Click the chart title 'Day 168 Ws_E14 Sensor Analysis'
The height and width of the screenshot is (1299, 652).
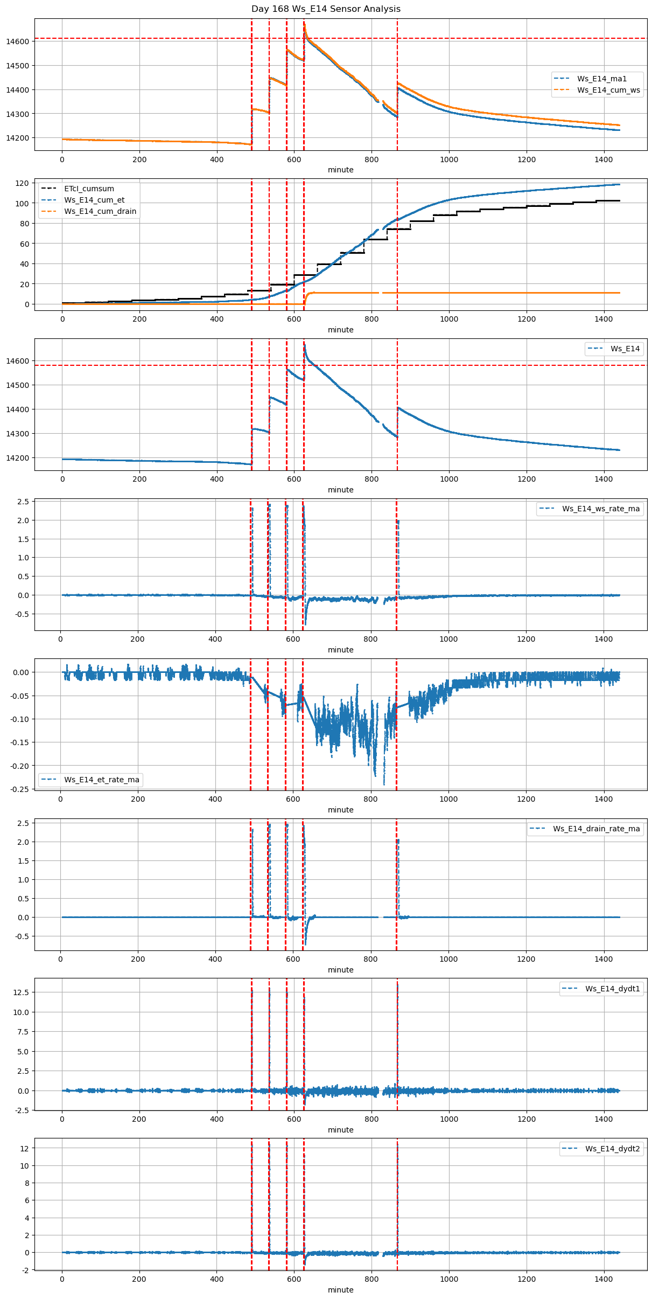326,9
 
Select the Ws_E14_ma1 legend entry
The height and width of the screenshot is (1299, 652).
602,79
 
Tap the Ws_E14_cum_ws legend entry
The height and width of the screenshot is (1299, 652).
608,90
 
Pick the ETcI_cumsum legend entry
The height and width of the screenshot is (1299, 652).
89,189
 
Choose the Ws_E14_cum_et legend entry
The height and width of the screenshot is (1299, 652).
94,200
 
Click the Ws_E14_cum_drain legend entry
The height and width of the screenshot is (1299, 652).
100,211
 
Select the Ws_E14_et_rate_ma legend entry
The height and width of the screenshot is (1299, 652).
102,780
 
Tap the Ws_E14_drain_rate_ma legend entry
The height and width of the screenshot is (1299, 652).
596,829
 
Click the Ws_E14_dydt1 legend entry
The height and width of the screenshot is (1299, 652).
613,989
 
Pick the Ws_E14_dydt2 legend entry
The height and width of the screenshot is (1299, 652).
613,1149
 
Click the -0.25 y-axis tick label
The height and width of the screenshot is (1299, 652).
20,789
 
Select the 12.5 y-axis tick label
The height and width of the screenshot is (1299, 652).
22,992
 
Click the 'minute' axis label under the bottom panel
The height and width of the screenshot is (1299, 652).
340,1290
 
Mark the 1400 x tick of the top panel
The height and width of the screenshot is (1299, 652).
604,159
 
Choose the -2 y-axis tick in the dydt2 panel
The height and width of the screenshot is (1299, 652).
25,1270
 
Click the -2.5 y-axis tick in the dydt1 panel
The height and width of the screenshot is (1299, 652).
22,1110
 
